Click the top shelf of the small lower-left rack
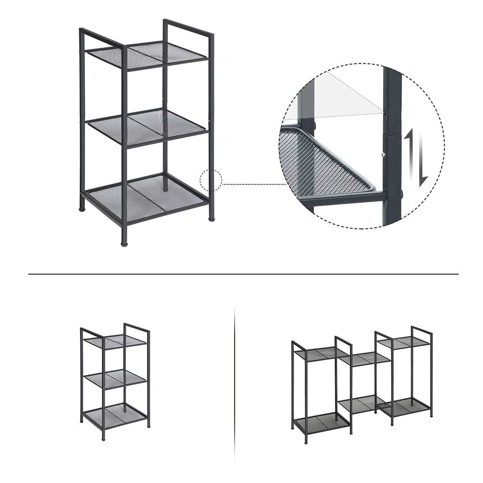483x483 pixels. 114,341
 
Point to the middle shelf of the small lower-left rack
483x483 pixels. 115,378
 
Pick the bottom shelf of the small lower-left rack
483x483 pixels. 115,415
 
